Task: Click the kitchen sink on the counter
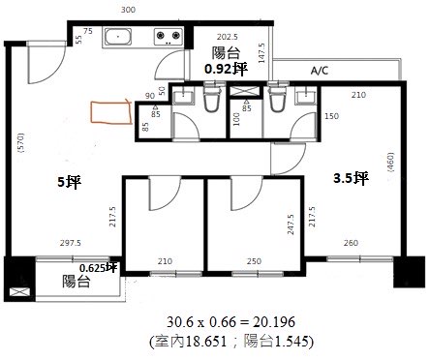tap(118, 37)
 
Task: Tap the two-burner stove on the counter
tap(168, 37)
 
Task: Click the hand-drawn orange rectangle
tap(111, 112)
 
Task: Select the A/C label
tap(320, 71)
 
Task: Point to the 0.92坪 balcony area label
tap(226, 69)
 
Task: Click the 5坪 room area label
tap(70, 182)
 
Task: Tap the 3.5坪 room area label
tap(351, 177)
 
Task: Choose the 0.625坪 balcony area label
tap(98, 268)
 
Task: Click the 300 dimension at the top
tap(128, 10)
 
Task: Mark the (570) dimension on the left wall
tap(21, 142)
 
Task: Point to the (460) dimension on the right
tap(390, 163)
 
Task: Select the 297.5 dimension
tap(71, 243)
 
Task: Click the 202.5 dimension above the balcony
tap(228, 37)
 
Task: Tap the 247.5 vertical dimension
tap(291, 225)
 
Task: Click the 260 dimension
tap(351, 243)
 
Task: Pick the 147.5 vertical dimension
tap(261, 53)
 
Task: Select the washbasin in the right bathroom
tap(305, 97)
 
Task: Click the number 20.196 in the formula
tap(274, 321)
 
